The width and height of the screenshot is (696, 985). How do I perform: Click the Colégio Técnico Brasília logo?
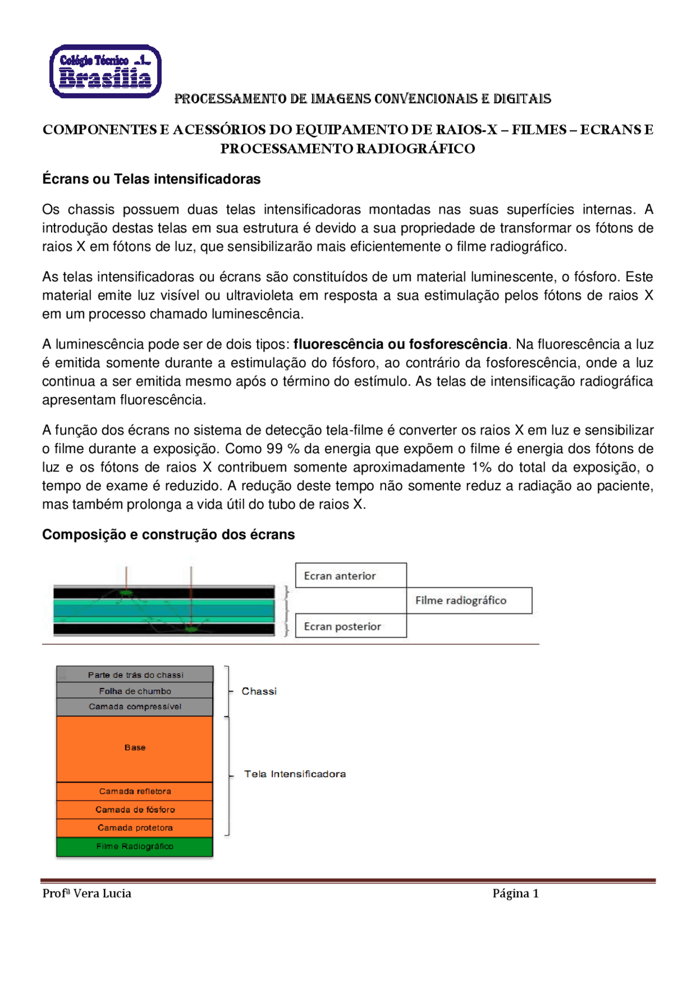click(x=105, y=71)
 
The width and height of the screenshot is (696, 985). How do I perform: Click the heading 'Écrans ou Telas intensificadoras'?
click(x=151, y=179)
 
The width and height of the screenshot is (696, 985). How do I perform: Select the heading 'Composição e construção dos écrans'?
click(x=168, y=535)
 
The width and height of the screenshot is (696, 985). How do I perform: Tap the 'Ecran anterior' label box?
click(x=351, y=575)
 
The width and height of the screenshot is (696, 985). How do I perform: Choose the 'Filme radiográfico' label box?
click(x=469, y=600)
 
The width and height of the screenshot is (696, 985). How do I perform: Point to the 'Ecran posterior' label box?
click(x=351, y=626)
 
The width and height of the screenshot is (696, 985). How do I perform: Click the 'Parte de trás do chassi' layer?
click(x=135, y=674)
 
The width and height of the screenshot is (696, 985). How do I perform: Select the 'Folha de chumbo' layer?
click(x=135, y=691)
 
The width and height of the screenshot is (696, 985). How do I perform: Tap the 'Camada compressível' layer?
click(x=135, y=707)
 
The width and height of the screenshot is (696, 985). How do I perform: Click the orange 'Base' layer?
click(x=135, y=748)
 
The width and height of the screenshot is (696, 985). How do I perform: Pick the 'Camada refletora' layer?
click(x=135, y=791)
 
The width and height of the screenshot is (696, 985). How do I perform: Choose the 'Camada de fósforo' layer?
click(x=135, y=809)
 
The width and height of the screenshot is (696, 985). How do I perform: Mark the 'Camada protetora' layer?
click(x=135, y=828)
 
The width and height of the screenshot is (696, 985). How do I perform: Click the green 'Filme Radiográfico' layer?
click(x=135, y=846)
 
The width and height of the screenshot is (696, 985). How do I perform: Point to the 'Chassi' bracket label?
click(x=259, y=691)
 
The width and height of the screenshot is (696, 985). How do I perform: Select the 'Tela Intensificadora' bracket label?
click(x=295, y=774)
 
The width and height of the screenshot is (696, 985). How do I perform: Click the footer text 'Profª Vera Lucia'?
click(x=87, y=893)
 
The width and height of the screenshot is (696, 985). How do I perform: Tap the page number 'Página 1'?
click(x=515, y=893)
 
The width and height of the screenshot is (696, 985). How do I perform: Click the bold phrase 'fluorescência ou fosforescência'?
click(x=400, y=344)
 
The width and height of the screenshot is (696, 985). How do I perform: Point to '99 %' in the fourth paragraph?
click(x=283, y=449)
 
